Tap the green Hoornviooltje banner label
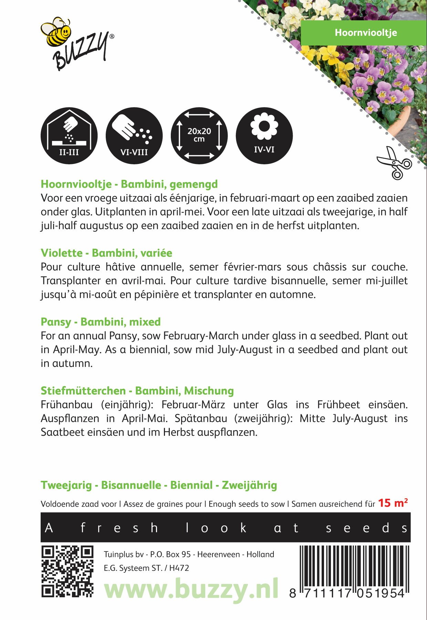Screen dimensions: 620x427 [x=366, y=33]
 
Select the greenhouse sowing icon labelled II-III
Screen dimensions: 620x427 [x=69, y=136]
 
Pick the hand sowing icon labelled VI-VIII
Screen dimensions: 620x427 [x=134, y=136]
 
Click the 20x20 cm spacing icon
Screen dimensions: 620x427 [x=199, y=136]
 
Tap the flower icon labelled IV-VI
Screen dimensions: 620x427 [x=264, y=136]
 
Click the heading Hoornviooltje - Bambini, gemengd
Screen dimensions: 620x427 [x=129, y=184]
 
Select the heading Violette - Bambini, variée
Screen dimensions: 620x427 [x=106, y=253]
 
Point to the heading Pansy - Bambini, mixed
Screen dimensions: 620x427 [x=101, y=322]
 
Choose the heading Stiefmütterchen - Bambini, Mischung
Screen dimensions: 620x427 [x=137, y=391]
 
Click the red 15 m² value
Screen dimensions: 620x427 [x=393, y=503]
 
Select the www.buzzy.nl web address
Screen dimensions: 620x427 [x=191, y=589]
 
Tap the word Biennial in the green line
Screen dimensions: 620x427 [x=191, y=485]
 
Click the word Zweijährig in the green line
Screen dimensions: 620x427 [x=249, y=485]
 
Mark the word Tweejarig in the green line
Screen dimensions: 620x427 [x=66, y=485]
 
